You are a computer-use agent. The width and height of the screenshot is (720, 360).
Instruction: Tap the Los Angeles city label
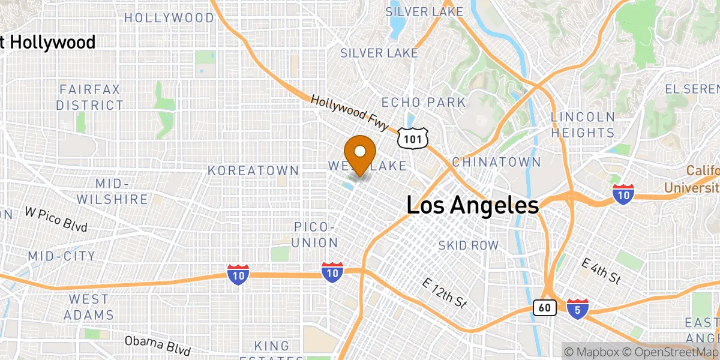click(x=473, y=206)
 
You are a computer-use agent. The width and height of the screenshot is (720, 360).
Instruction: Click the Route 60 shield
click(x=544, y=308)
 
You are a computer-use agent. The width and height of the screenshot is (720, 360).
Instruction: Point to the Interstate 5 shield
click(x=577, y=308)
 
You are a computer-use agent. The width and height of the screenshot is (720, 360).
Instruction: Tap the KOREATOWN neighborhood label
click(x=253, y=170)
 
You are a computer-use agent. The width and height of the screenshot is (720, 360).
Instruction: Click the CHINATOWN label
click(x=496, y=162)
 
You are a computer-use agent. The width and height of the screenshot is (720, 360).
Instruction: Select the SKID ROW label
click(x=468, y=245)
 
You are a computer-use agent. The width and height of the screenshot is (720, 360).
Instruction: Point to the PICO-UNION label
click(x=316, y=235)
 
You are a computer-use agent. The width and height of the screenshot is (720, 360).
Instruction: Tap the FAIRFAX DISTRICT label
click(x=89, y=97)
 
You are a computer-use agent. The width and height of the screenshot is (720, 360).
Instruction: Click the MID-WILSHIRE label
click(x=113, y=191)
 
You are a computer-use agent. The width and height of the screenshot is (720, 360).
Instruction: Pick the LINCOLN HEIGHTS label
click(x=583, y=125)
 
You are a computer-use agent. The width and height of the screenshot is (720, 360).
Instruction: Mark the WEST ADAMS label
click(x=89, y=307)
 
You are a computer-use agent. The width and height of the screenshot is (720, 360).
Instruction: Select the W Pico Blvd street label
click(x=56, y=219)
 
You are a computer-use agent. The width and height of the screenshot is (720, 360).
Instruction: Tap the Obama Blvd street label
click(x=157, y=345)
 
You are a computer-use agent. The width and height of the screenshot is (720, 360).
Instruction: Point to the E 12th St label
click(x=445, y=293)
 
